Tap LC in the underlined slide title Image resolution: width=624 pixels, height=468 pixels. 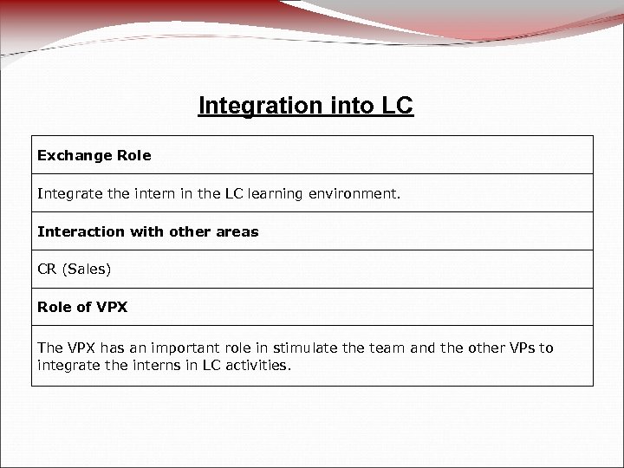click(397, 106)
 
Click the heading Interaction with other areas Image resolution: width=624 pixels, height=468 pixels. click(147, 232)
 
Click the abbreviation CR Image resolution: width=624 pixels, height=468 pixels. click(47, 270)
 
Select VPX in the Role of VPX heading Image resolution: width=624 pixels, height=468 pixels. click(111, 309)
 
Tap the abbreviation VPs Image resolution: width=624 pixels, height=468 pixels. click(518, 348)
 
